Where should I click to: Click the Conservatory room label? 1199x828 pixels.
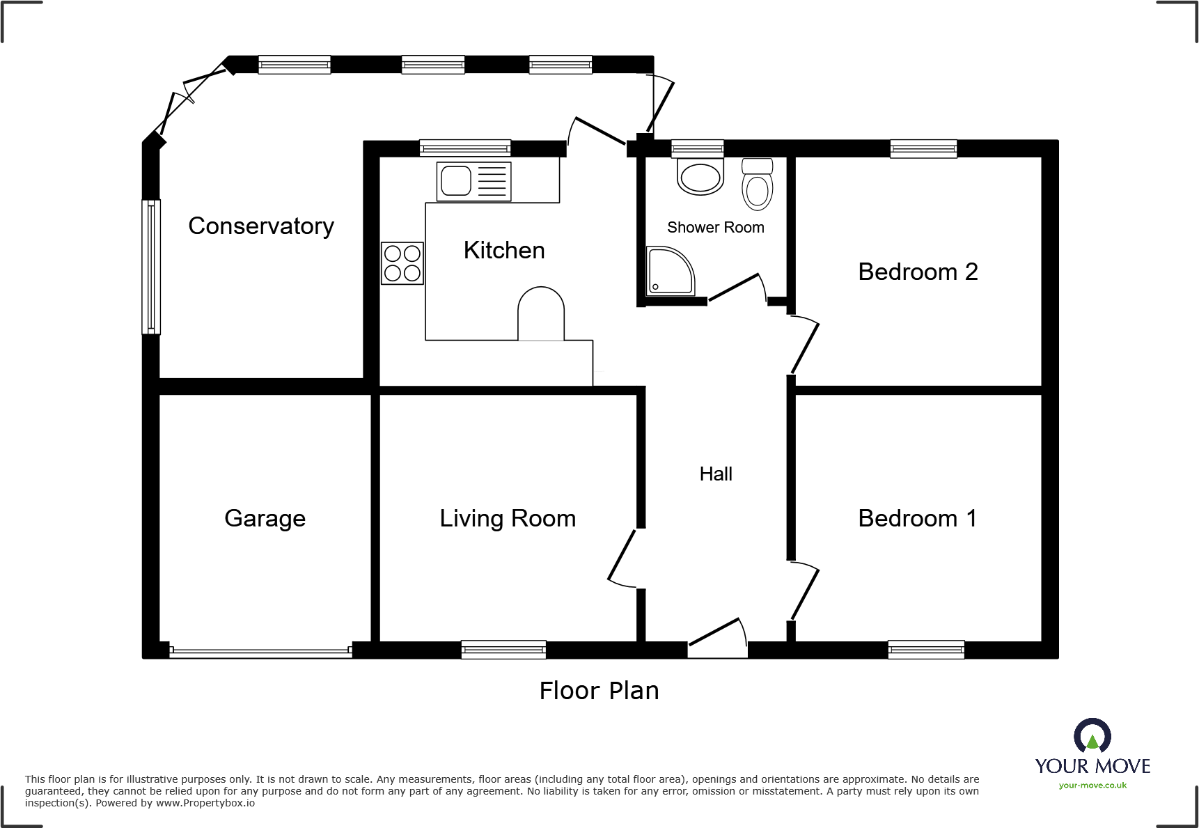261,226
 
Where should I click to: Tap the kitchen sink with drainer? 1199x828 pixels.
473,181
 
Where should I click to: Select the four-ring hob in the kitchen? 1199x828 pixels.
402,263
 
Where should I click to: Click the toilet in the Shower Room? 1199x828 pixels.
758,185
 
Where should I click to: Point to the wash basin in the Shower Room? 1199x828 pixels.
700,177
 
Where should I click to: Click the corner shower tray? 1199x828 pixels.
669,272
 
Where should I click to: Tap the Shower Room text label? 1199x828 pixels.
715,228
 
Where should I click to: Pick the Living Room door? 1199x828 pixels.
622,557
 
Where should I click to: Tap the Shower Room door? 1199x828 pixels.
737,288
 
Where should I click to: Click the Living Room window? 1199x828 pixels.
503,650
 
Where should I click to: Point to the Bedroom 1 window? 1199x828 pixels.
926,650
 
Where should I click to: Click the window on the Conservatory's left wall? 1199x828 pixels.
151,267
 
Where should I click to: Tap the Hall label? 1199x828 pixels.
716,474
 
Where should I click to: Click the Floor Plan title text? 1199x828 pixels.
599,691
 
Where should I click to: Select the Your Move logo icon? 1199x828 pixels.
1092,737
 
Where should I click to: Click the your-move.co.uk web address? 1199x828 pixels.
1092,786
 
